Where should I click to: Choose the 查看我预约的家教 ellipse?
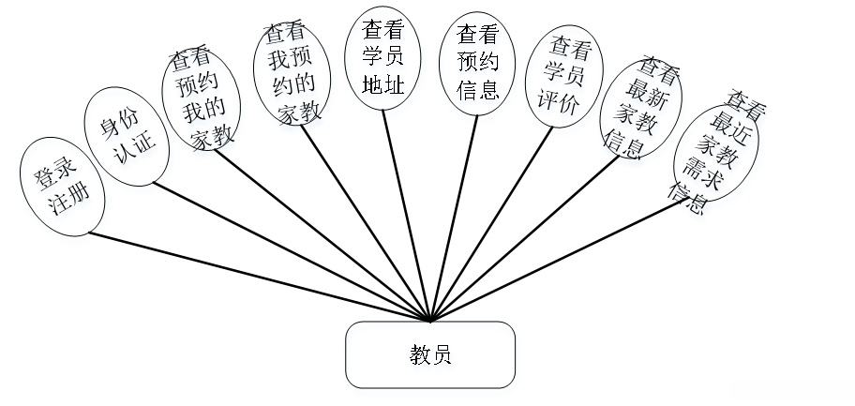(292, 74)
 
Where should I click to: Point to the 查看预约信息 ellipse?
(475, 64)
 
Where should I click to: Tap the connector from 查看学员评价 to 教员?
(491, 221)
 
